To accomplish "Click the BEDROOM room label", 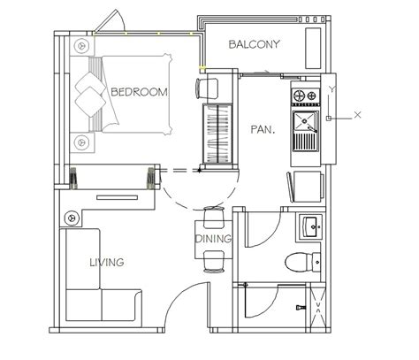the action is tap(139, 92).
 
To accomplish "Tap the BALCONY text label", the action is tap(254, 44).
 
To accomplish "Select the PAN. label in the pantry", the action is tap(263, 129).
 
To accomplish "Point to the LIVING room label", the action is tap(107, 262).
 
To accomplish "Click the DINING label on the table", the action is tap(213, 239).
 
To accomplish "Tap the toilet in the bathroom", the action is tap(302, 262).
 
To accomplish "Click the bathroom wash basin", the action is tap(311, 226).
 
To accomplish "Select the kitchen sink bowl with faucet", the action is tap(305, 121).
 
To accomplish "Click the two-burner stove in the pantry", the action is tap(306, 96).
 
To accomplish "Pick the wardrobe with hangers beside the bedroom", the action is tap(217, 134).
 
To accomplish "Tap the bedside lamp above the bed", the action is tap(81, 46).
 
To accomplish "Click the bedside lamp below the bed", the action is tap(81, 142).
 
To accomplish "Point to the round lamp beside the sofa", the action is tap(72, 218).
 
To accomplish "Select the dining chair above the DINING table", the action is tap(214, 218).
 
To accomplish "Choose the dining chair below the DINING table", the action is tap(214, 261).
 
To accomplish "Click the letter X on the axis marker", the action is tap(357, 115).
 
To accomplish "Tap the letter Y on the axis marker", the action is tap(332, 89).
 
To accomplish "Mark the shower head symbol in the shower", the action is tap(301, 308).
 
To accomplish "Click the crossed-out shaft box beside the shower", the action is tap(318, 308).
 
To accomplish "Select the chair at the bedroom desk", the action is tap(207, 88).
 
